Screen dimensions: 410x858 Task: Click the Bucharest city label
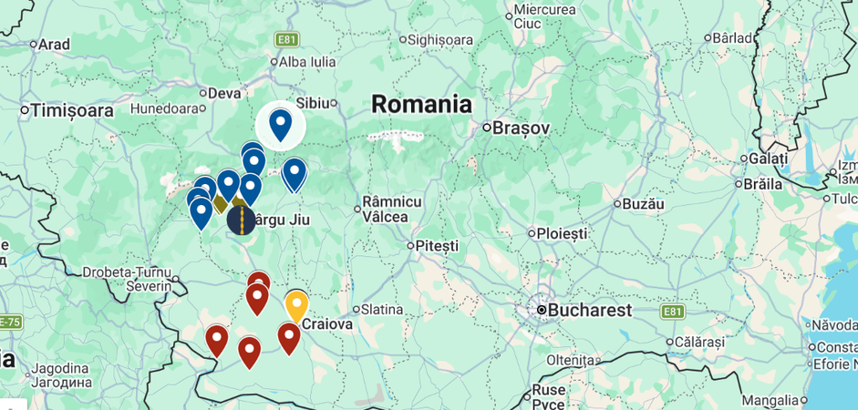click(589, 310)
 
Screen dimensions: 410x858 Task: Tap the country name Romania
click(421, 104)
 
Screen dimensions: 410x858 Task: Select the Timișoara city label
click(71, 110)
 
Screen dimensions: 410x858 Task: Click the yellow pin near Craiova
click(296, 305)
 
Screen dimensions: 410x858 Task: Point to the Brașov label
click(521, 128)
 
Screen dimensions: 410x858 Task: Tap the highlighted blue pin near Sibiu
click(280, 124)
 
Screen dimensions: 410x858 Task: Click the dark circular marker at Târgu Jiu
click(241, 220)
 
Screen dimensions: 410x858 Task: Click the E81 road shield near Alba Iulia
click(287, 39)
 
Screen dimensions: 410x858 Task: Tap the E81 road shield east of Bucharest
click(672, 312)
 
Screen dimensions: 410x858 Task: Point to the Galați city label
click(767, 159)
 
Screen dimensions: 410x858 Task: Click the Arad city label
click(53, 44)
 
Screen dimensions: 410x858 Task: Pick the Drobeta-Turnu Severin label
click(128, 279)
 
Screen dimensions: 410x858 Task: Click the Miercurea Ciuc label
click(544, 15)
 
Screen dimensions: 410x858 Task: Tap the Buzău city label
click(642, 204)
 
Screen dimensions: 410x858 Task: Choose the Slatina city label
click(382, 310)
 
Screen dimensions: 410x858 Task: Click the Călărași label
click(698, 343)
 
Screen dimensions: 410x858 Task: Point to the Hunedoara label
click(164, 108)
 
